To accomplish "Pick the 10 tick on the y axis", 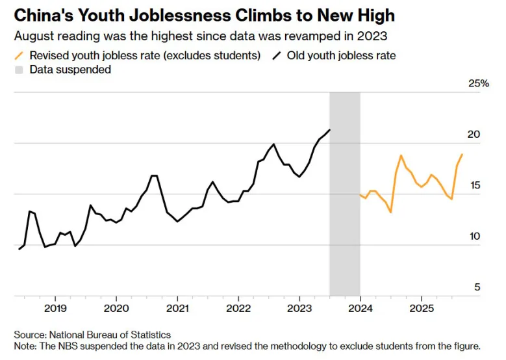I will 474,237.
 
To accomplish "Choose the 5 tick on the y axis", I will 477,287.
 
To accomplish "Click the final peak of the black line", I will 330,130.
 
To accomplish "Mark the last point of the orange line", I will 462,154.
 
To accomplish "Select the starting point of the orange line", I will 360,194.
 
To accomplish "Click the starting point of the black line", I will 19,250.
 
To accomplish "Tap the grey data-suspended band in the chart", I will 344,195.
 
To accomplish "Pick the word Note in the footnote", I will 25,346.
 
